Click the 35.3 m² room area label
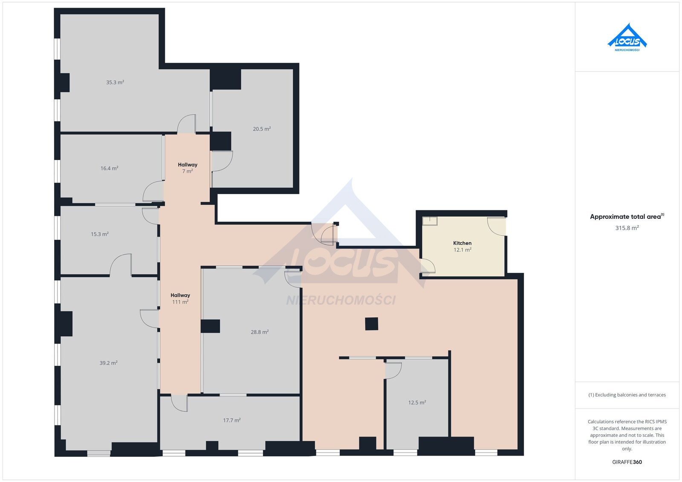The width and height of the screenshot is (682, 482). [115, 83]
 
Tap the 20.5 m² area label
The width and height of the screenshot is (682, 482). [262, 129]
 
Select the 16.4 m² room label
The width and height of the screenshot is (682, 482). [109, 168]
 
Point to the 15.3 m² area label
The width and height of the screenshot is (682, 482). [100, 234]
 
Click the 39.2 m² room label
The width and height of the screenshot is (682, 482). [108, 363]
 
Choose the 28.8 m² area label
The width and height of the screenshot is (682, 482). [260, 332]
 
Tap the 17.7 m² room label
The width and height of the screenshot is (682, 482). [232, 420]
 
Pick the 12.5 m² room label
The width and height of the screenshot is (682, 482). [417, 403]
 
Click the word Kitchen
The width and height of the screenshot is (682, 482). [462, 243]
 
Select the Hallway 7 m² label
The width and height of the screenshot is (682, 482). [188, 168]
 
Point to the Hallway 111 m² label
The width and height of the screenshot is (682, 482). [180, 298]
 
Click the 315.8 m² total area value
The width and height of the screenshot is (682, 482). [627, 228]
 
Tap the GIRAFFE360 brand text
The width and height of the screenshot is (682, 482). [627, 462]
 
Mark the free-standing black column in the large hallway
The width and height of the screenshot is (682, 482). [371, 324]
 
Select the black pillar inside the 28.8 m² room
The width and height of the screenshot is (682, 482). [211, 326]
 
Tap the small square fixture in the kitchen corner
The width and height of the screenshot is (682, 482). [430, 221]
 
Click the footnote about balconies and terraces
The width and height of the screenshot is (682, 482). [627, 395]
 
